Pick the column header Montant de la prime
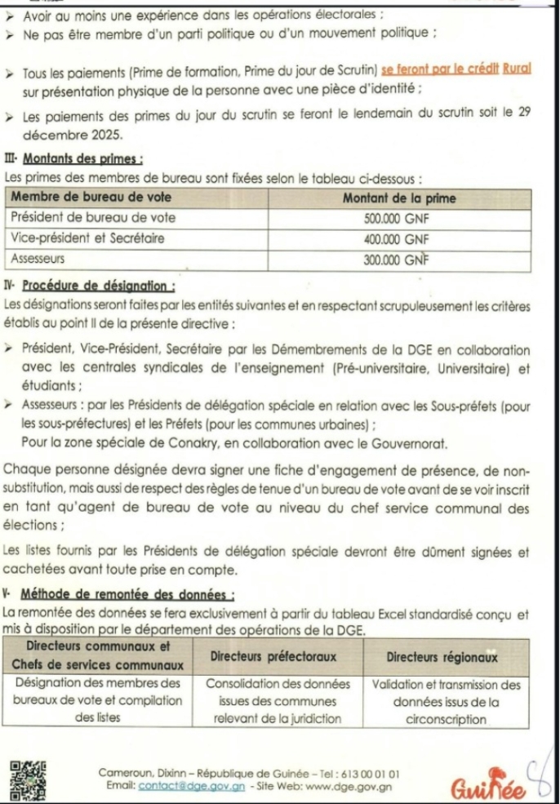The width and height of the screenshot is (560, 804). coord(399,199)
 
